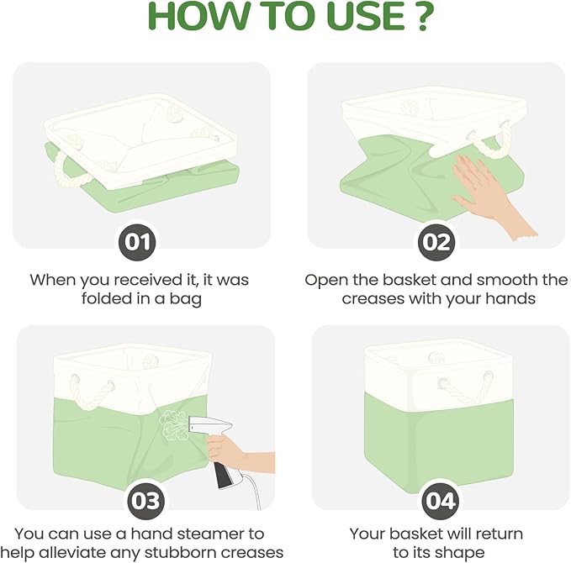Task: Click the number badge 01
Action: pyautogui.click(x=137, y=242)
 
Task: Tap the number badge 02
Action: pyautogui.click(x=436, y=242)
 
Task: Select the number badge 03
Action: pyautogui.click(x=145, y=501)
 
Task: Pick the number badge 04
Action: pyautogui.click(x=440, y=501)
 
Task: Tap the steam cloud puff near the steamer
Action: pyautogui.click(x=173, y=426)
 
